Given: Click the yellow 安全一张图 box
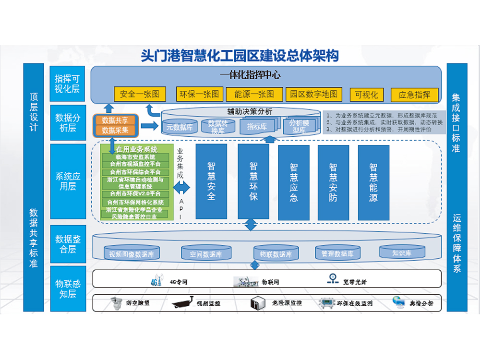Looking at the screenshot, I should tap(140, 94).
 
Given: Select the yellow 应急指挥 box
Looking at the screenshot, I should tap(414, 95).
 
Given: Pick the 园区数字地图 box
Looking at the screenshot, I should tap(313, 94).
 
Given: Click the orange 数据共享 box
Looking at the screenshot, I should tap(115, 120).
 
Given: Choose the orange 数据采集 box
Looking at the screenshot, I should tap(115, 130).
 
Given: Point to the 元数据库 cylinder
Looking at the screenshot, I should tap(180, 127).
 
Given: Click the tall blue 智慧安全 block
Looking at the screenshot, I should tap(211, 181).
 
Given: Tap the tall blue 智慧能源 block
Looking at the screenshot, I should tap(373, 181).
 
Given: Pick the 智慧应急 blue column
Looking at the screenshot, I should tap(293, 181).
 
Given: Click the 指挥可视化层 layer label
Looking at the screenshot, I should tap(68, 84).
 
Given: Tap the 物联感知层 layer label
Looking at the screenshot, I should tap(68, 288).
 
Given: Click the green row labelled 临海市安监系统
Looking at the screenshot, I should tap(135, 157).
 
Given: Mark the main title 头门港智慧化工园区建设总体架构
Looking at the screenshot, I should tap(240, 55).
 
